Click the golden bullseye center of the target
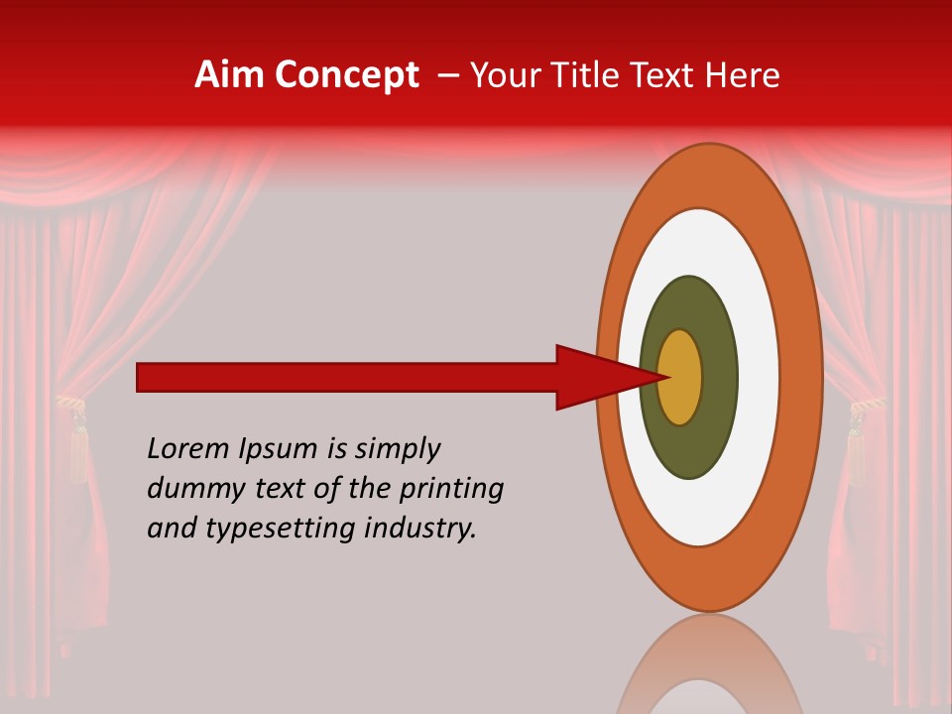tap(680, 377)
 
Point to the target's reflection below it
tap(710, 669)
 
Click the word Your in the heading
tap(502, 75)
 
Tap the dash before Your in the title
tap(448, 75)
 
